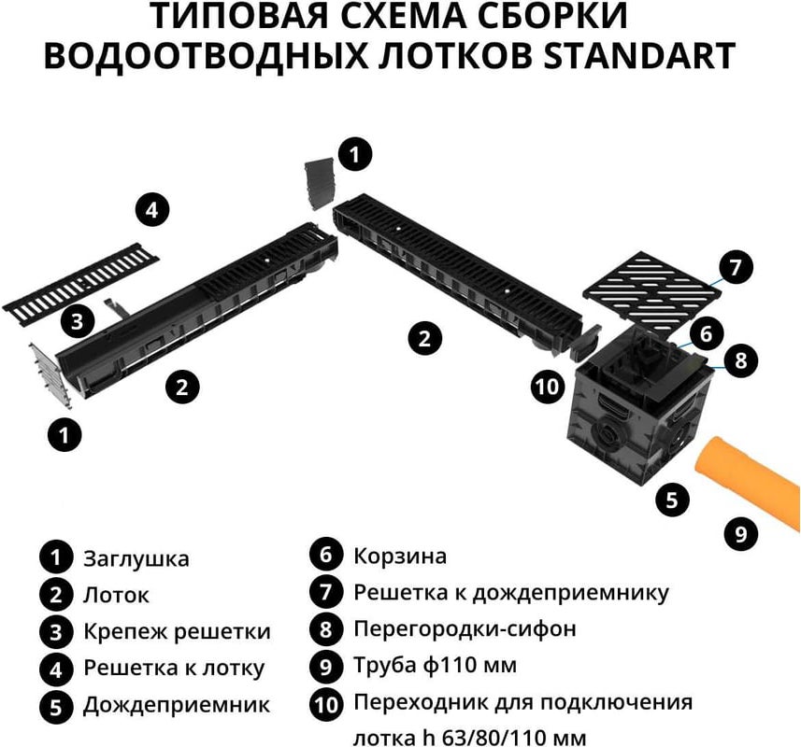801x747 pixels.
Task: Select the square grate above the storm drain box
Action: click(x=652, y=288)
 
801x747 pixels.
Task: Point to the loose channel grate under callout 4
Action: click(x=81, y=279)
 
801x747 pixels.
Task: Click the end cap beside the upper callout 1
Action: click(x=320, y=184)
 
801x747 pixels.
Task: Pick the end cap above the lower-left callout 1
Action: click(x=51, y=375)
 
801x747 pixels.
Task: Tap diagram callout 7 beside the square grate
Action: click(x=735, y=267)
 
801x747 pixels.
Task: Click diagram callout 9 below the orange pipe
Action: click(x=741, y=534)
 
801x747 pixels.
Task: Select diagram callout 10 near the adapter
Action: click(x=547, y=387)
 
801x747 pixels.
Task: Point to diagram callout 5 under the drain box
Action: click(x=672, y=500)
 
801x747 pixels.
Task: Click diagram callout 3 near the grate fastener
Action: click(x=78, y=322)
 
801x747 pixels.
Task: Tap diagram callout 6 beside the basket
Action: click(x=706, y=333)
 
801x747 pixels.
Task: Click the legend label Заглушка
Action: click(x=136, y=558)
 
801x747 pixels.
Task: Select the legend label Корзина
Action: click(x=400, y=556)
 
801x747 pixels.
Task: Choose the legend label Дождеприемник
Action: click(x=177, y=705)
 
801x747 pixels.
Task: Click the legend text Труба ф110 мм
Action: click(x=436, y=665)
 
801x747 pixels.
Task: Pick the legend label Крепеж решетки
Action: click(x=177, y=632)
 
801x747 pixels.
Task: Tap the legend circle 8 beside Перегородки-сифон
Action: click(x=326, y=628)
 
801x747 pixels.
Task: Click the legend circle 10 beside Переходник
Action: click(x=326, y=705)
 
